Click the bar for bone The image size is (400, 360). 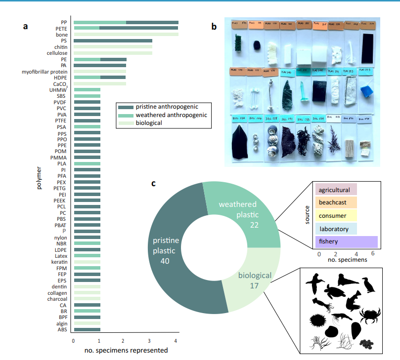pos(126,35)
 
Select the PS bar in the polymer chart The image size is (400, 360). pos(113,40)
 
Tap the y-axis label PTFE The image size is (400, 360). pos(61,120)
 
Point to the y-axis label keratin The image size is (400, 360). pos(59,262)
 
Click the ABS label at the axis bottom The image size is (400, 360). pos(62,329)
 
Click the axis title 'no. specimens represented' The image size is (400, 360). pos(126,351)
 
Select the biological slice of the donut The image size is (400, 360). pos(247,281)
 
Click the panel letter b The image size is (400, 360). pos(214,27)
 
